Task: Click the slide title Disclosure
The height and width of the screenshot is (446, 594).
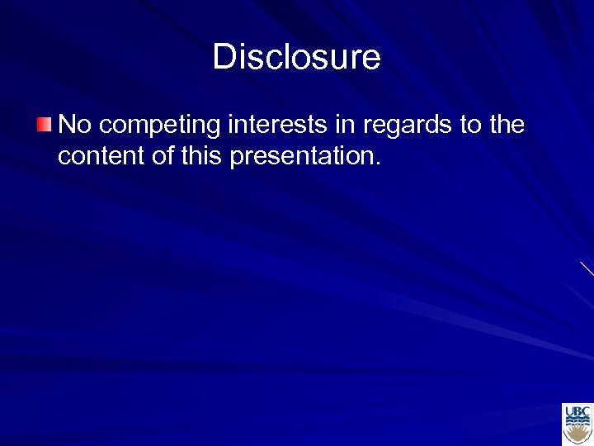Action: click(296, 58)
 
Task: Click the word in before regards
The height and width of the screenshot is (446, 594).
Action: click(344, 125)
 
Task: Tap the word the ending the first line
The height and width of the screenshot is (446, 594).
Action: click(506, 125)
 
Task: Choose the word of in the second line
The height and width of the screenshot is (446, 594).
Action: click(158, 156)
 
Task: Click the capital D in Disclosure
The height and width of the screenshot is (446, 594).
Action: click(223, 58)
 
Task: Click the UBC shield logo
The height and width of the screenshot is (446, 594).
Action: click(577, 424)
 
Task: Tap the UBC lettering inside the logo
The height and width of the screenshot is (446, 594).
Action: click(577, 410)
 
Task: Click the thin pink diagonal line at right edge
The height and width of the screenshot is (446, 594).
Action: click(587, 268)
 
